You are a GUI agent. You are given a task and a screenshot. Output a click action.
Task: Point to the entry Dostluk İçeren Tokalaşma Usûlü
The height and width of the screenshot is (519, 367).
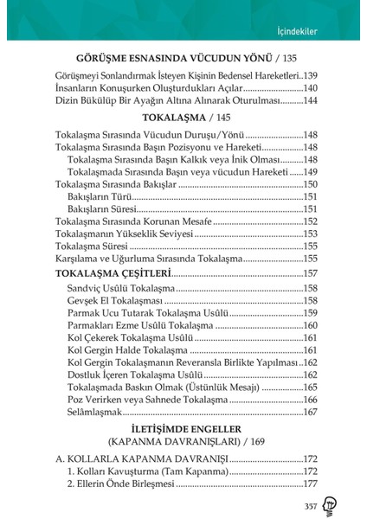[x=138, y=375]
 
